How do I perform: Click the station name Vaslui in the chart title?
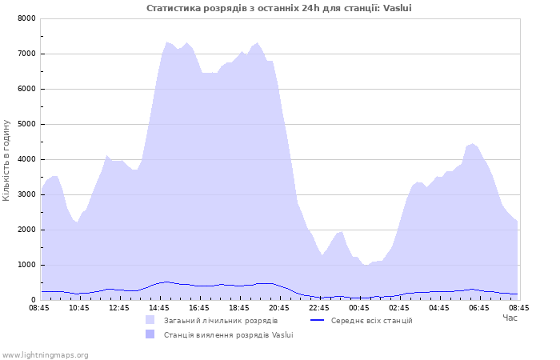(397, 8)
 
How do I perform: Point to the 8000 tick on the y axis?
(26, 18)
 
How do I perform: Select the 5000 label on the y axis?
(26, 124)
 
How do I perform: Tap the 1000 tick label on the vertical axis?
(26, 265)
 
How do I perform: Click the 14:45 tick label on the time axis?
(159, 308)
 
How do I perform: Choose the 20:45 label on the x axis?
(279, 308)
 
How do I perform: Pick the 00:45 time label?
(359, 308)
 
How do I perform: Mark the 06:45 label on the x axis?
(479, 308)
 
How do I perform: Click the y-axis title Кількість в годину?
(6, 160)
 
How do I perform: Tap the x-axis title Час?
(510, 318)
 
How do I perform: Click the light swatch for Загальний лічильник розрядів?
(150, 320)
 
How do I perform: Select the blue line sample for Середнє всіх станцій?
(317, 320)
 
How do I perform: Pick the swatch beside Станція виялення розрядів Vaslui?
(150, 334)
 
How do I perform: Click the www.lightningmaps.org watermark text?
(45, 355)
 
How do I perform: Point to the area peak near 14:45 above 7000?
(166, 42)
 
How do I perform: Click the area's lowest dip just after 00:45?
(366, 265)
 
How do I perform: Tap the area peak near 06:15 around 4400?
(473, 144)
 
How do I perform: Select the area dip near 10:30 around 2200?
(77, 222)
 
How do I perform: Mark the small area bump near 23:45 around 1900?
(342, 232)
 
